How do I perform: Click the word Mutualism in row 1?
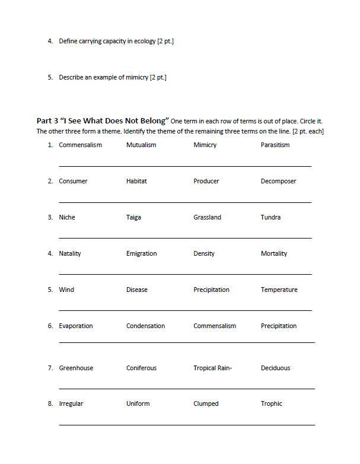point(141,145)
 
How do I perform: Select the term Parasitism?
point(275,145)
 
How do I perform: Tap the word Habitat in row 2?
point(136,181)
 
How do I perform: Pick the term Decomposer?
point(278,181)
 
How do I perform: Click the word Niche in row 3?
point(67,217)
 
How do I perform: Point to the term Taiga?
point(133,217)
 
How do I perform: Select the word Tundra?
point(270,217)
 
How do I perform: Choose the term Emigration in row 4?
point(141,253)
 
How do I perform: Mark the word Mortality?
point(273,253)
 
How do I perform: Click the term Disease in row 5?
point(137,290)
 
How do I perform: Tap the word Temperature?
point(279,290)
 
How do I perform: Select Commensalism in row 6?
point(215,326)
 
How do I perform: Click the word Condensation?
point(145,326)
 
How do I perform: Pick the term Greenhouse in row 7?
point(76,368)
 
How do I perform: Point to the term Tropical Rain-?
point(212,368)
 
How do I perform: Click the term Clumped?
point(206,403)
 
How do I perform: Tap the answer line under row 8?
point(187,425)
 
